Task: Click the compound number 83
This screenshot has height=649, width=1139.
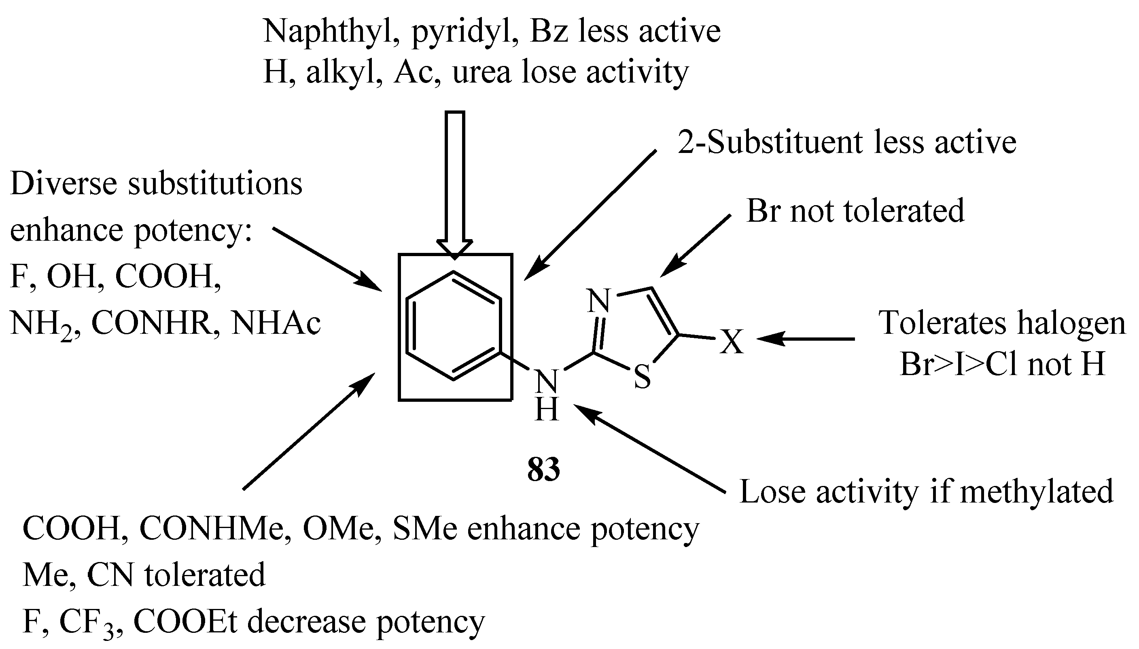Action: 543,470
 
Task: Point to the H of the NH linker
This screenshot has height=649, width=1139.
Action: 546,410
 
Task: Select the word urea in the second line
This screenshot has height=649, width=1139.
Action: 481,72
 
